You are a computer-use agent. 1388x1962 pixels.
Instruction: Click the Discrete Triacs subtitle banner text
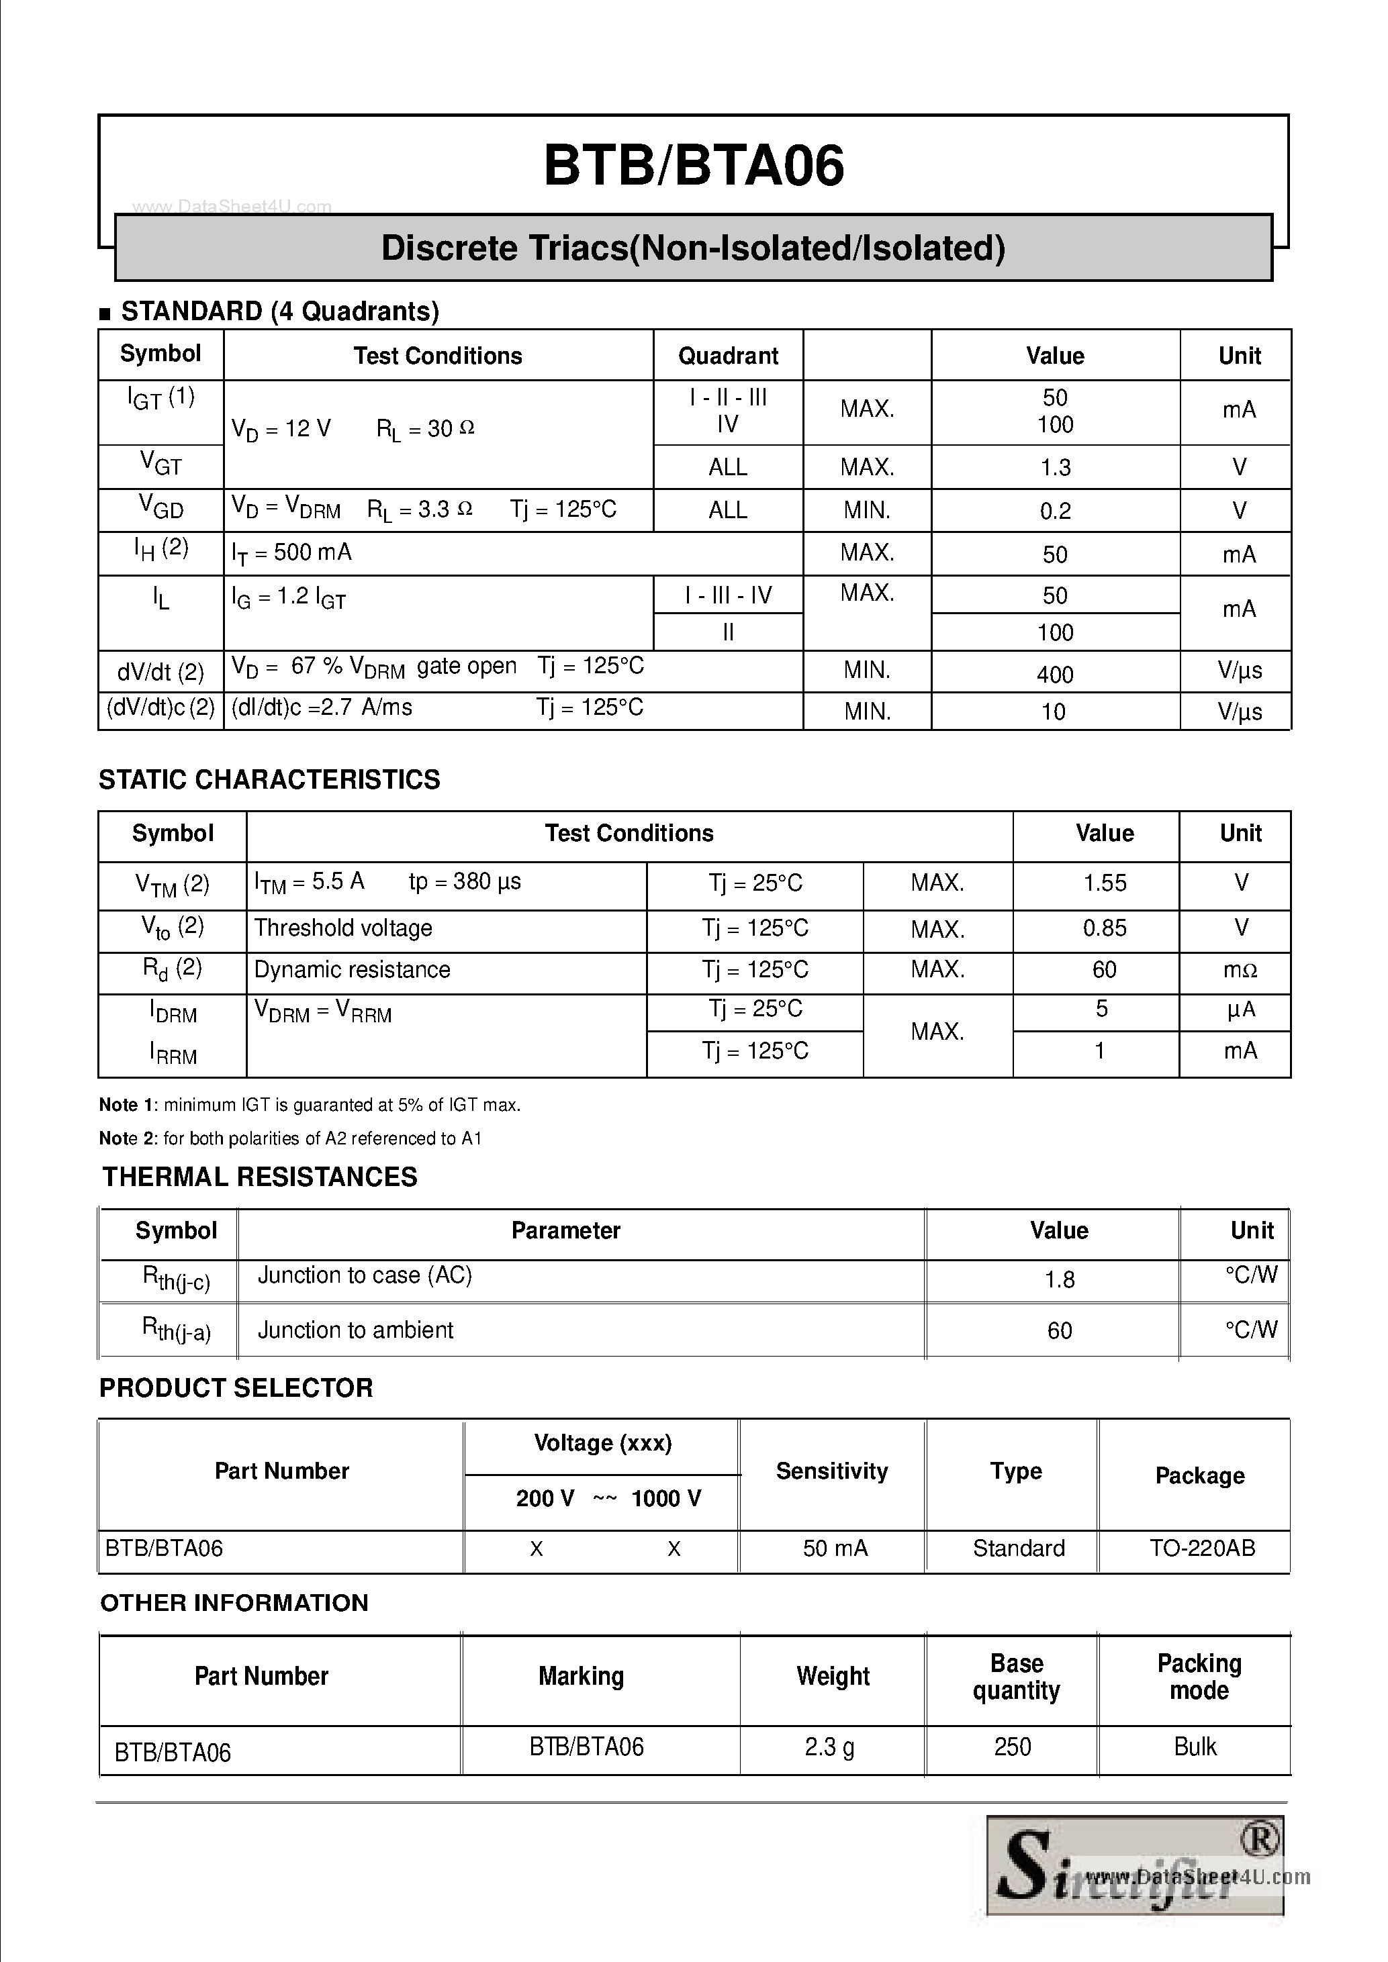tap(693, 248)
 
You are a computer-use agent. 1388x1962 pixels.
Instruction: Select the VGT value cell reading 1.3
tap(1056, 467)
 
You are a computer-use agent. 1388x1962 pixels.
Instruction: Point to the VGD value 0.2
tap(1056, 511)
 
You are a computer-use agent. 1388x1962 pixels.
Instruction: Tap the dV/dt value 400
tap(1056, 674)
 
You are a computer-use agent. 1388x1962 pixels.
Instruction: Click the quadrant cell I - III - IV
tap(728, 595)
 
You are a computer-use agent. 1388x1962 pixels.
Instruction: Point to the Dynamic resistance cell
tap(352, 970)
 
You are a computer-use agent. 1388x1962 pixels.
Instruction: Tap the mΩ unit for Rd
tap(1240, 970)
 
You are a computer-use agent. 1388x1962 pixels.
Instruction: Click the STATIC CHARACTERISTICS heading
tap(269, 779)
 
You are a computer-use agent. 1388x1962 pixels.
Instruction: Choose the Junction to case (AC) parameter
tap(365, 1275)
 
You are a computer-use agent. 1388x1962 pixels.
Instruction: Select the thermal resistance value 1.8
tap(1059, 1279)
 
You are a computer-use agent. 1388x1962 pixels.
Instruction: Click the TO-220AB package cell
tap(1202, 1548)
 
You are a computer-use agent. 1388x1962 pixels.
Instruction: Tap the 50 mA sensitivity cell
tap(835, 1548)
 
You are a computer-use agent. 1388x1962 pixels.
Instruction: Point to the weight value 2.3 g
tap(829, 1747)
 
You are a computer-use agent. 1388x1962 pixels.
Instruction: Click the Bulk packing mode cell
tap(1195, 1747)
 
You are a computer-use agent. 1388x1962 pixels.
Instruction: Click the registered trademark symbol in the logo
tap(1259, 1840)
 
